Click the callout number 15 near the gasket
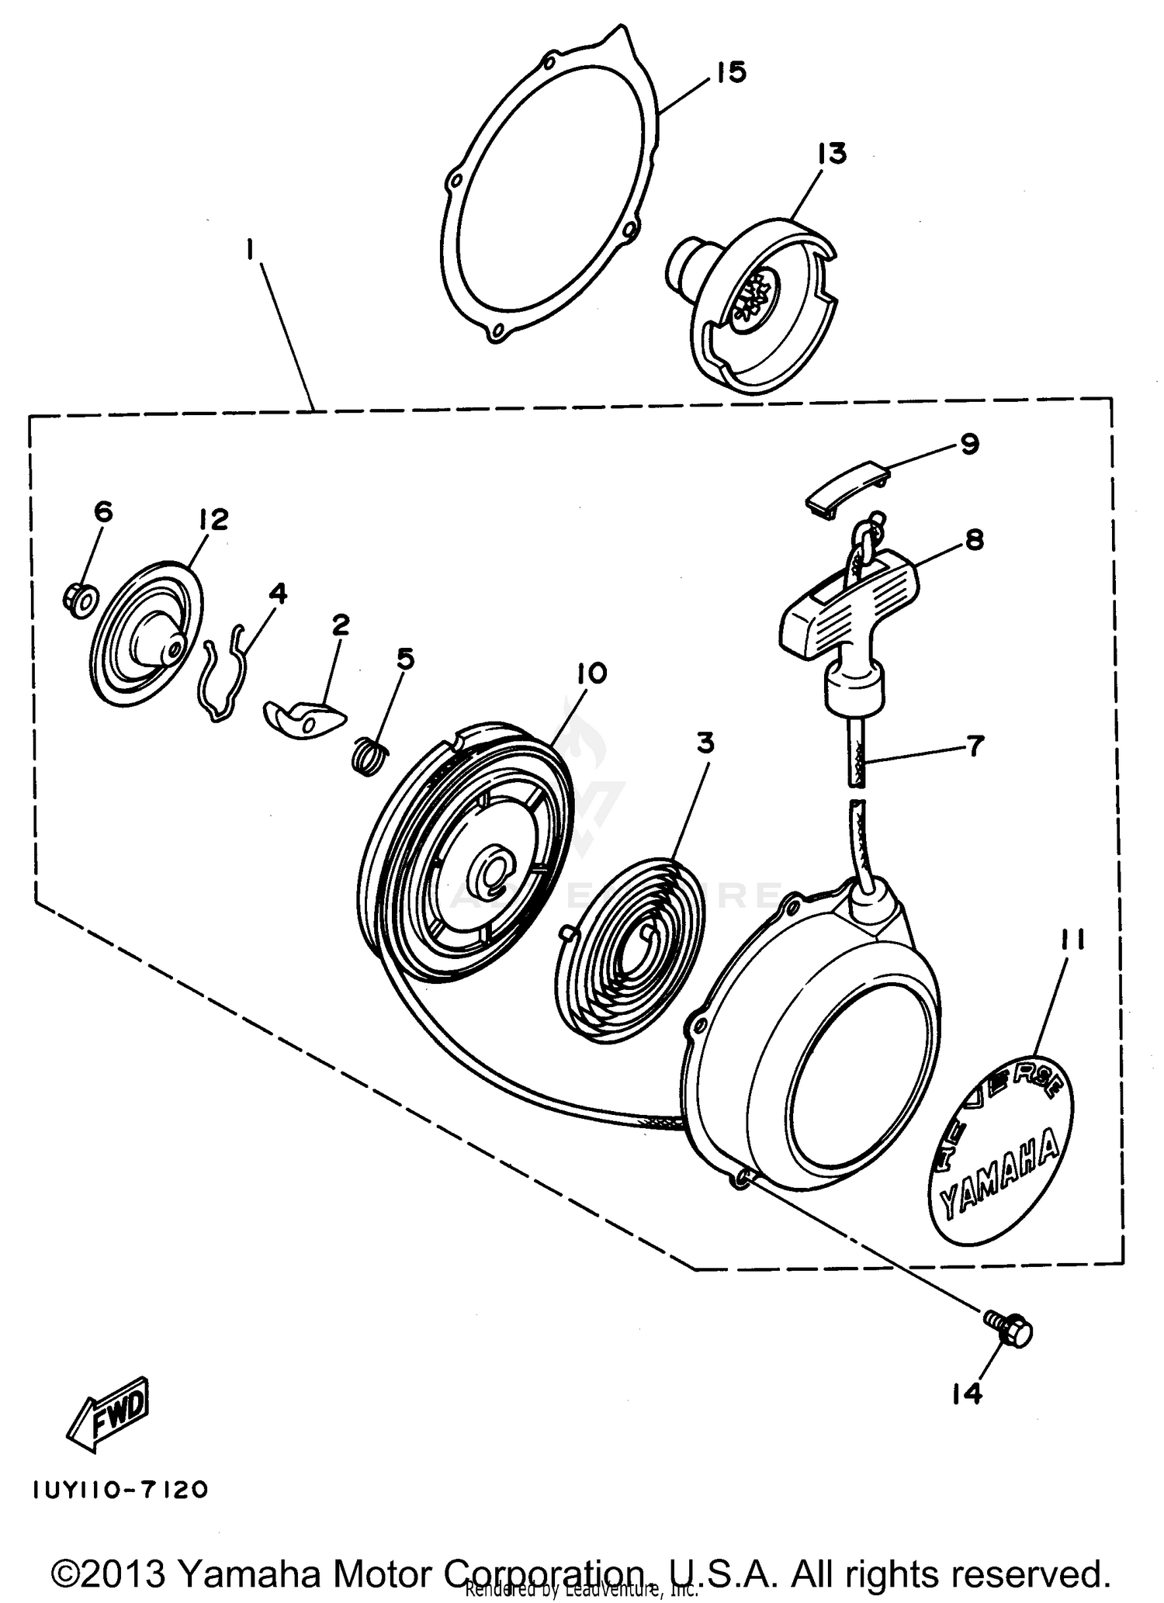click(x=730, y=72)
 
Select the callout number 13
click(x=831, y=153)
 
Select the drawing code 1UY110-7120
click(x=120, y=1490)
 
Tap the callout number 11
click(x=1069, y=941)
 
